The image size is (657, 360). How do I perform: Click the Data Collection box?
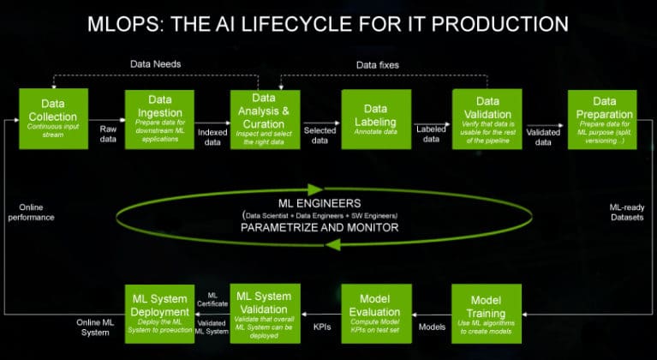pyautogui.click(x=53, y=121)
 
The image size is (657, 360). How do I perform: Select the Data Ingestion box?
pyautogui.click(x=159, y=121)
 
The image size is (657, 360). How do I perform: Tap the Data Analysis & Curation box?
pyautogui.click(x=266, y=121)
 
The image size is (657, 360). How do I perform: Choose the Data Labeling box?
pyautogui.click(x=375, y=121)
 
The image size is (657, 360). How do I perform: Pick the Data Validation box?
pyautogui.click(x=487, y=121)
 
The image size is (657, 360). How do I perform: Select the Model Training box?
pyautogui.click(x=487, y=313)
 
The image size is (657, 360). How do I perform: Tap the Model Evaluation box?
pyautogui.click(x=375, y=313)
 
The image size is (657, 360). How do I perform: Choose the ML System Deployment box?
pyautogui.click(x=159, y=313)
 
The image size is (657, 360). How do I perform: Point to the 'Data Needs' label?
pyautogui.click(x=156, y=64)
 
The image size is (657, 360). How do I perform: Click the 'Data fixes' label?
pyautogui.click(x=378, y=64)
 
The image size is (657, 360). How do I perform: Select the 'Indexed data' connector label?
pyautogui.click(x=212, y=137)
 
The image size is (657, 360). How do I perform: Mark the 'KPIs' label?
pyautogui.click(x=320, y=327)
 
